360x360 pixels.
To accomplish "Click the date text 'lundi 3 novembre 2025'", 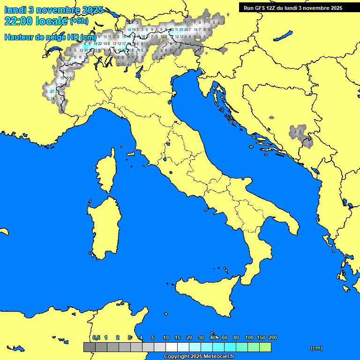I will point(53,10).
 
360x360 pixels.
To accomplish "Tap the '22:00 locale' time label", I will point(36,21).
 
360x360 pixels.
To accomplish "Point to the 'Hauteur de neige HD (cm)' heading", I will point(50,37).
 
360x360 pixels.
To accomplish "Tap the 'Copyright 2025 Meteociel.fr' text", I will point(198,356).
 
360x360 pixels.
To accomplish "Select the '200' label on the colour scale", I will point(272,337).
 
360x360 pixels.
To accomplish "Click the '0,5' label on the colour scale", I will point(96,337).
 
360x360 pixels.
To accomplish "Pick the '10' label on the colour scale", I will point(166,337).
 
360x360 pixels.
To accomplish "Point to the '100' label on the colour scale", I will point(249,337).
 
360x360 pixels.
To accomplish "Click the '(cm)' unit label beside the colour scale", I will point(316,348).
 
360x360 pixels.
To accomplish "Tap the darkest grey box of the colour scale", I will point(89,347).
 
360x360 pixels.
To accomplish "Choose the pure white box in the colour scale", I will point(171,347).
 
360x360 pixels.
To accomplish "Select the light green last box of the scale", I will point(265,347).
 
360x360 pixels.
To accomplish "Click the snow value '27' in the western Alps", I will point(52,91).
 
